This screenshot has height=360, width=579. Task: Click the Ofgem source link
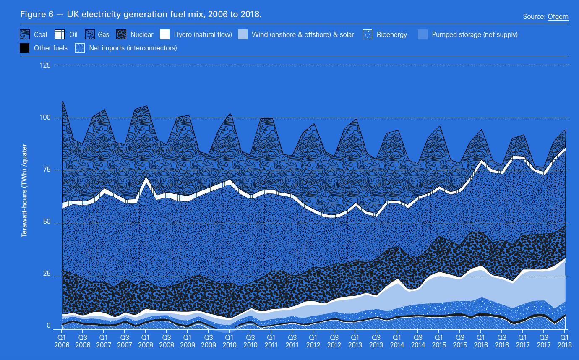558,17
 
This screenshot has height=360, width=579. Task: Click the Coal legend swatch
25,34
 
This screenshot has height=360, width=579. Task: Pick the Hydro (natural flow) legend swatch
165,34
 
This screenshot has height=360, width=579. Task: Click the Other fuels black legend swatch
25,48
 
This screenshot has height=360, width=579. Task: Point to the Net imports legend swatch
80,48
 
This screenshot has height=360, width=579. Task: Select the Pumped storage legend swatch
423,34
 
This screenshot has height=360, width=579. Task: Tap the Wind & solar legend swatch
243,34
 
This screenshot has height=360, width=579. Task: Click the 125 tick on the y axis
46,65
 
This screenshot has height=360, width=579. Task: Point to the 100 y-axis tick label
46,118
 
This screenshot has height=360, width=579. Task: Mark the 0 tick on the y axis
49,326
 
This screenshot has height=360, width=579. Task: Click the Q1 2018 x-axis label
565,341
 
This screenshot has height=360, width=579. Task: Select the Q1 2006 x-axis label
62,341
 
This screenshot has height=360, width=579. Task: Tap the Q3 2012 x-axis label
334,341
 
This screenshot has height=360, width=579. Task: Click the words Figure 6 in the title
37,15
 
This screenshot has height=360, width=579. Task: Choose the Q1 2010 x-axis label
229,341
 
